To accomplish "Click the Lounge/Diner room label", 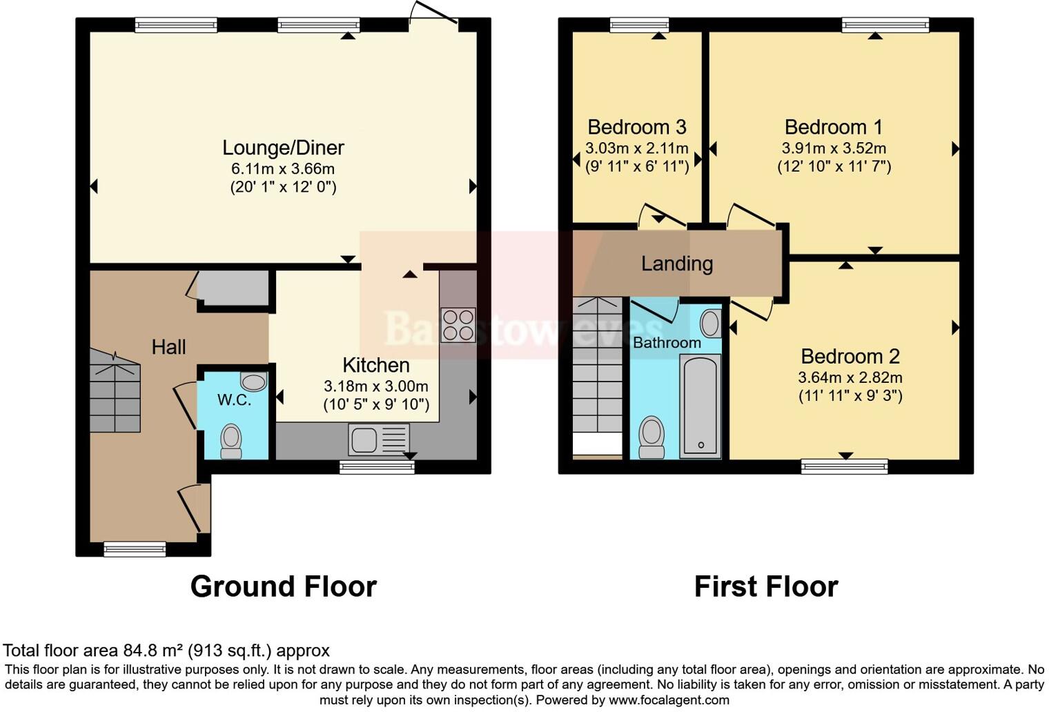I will pos(283,148).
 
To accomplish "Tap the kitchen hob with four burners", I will pos(458,324).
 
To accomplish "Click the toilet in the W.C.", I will pos(231,440).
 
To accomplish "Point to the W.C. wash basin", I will pos(253,382).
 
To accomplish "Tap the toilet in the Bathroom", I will pos(651,437).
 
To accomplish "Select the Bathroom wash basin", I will pos(710,323).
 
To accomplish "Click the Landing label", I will pos(676,264).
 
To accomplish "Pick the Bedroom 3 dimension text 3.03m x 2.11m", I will pos(636,148).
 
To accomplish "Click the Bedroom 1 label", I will pos(833,128).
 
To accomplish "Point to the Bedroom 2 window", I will pos(844,466).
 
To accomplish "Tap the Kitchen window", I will pos(377,467).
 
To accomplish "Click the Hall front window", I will pos(135,549).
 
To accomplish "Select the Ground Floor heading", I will pos(283,586).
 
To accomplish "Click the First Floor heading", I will pos(765,586).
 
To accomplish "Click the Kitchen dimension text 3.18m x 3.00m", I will pos(376,386).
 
